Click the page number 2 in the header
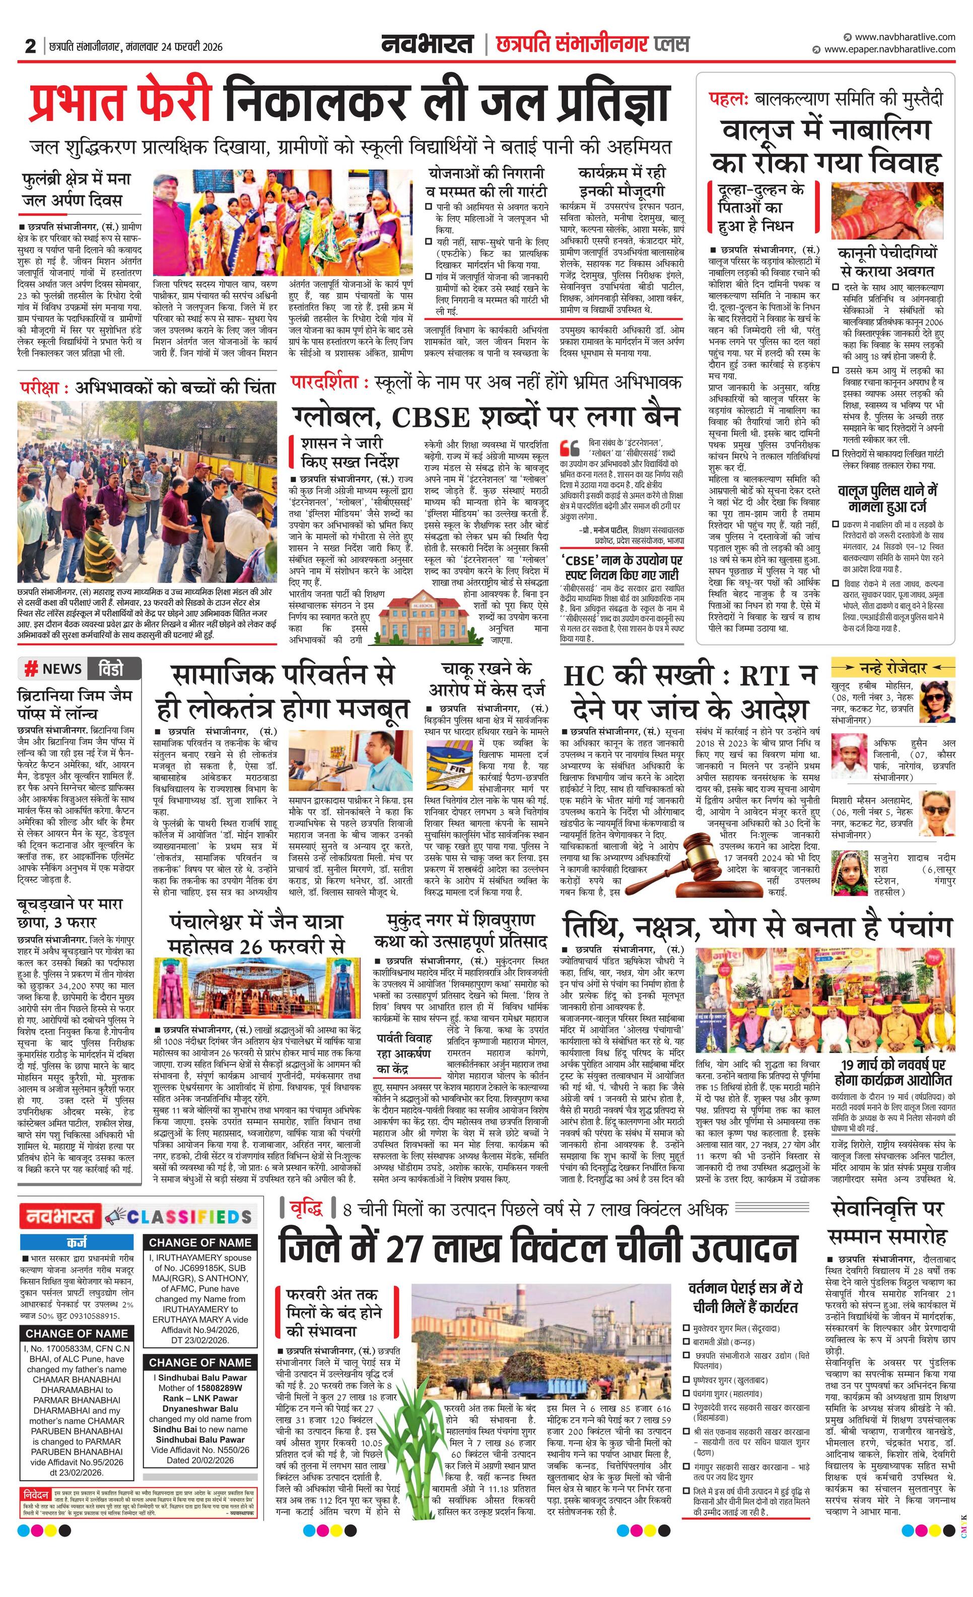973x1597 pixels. (30, 46)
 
